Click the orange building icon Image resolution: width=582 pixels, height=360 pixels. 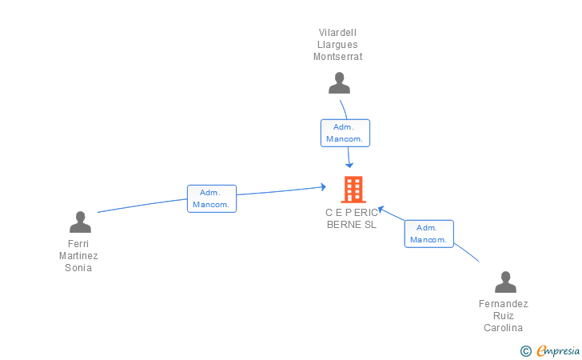click(x=353, y=190)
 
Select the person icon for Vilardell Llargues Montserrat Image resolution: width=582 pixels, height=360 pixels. click(x=340, y=82)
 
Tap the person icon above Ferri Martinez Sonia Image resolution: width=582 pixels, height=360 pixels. click(x=80, y=222)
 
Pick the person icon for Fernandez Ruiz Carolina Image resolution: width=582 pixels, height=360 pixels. click(x=505, y=282)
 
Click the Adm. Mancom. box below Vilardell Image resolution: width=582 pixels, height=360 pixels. click(x=345, y=133)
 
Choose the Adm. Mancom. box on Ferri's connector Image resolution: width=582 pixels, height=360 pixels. click(x=212, y=198)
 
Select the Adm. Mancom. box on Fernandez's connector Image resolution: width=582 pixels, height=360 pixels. click(x=429, y=234)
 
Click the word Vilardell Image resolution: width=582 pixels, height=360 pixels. click(x=338, y=33)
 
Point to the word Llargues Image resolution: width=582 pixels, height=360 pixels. click(x=338, y=45)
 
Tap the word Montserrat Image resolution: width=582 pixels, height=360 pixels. click(x=338, y=57)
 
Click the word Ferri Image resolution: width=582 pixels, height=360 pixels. click(x=78, y=244)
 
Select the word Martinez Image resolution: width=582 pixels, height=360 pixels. click(x=78, y=256)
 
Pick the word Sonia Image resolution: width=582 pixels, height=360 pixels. click(x=78, y=268)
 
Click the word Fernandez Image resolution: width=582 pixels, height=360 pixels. click(x=504, y=304)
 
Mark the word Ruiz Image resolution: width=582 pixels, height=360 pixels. click(x=504, y=316)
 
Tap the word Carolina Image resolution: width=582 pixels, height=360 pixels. click(x=504, y=328)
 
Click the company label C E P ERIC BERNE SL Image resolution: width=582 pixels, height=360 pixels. click(x=351, y=218)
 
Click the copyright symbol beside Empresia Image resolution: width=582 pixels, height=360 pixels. click(x=525, y=350)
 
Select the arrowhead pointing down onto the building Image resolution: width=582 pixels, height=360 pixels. click(x=350, y=165)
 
